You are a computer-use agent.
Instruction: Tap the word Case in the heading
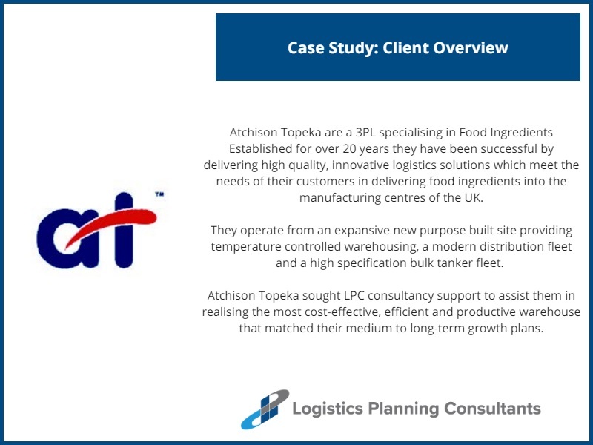(x=306, y=48)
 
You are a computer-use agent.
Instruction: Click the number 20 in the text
(x=342, y=148)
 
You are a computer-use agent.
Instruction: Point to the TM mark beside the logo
(x=159, y=194)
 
